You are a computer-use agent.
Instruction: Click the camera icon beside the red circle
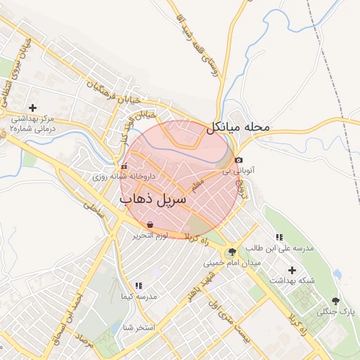[x=239, y=160]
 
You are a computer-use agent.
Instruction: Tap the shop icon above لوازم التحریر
[x=151, y=224]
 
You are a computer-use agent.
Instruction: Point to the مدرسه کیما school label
[x=138, y=297]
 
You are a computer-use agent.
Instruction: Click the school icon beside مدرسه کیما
[x=138, y=285]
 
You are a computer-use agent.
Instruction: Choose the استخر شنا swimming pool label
[x=138, y=328]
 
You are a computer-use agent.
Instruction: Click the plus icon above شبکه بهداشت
[x=292, y=270]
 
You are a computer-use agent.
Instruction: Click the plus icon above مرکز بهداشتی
[x=32, y=107]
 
